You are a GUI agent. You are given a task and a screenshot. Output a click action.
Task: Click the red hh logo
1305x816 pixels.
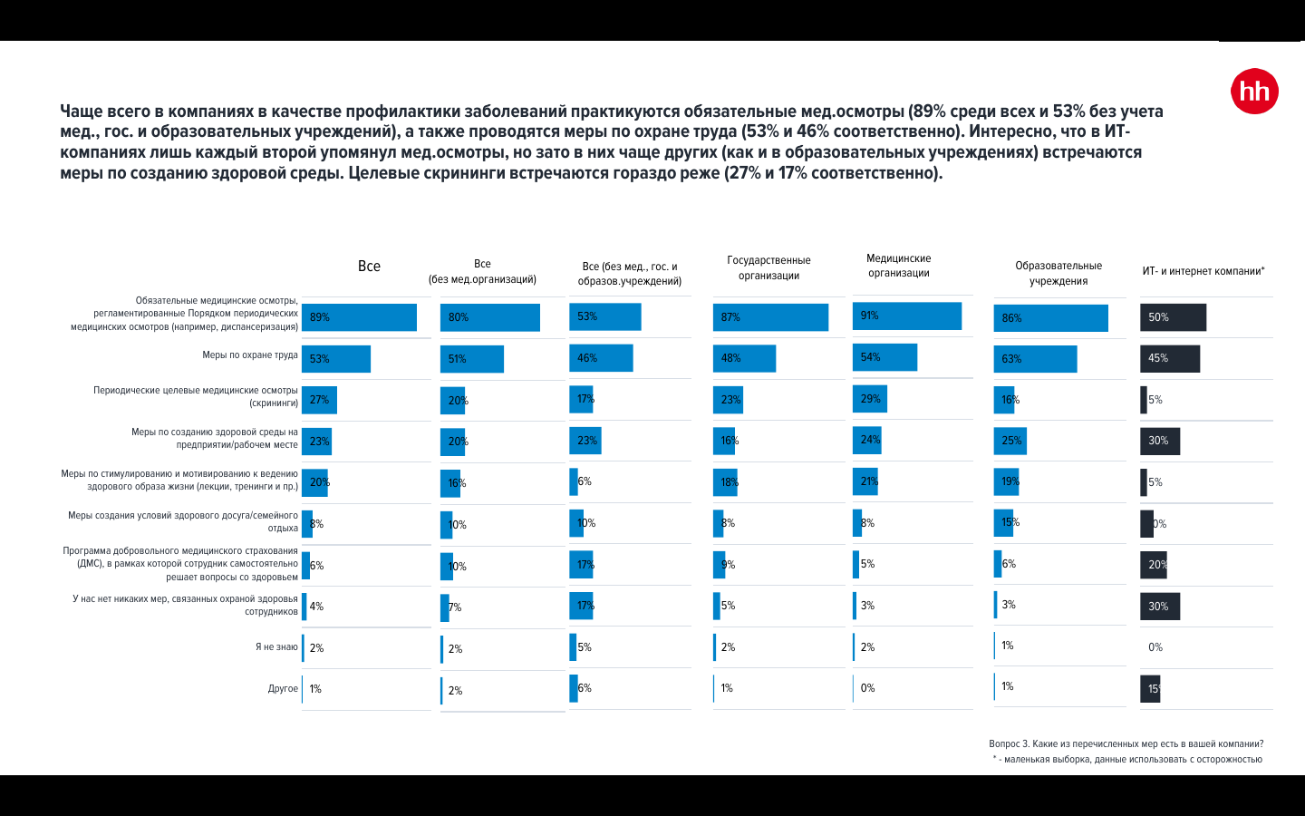[x=1254, y=92]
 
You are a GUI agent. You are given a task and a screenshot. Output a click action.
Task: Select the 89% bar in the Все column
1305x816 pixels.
[x=359, y=317]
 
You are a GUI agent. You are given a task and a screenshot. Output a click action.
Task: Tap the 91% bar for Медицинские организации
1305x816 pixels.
[x=907, y=316]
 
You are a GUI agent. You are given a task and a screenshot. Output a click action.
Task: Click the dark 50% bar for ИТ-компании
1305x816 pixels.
[x=1173, y=317]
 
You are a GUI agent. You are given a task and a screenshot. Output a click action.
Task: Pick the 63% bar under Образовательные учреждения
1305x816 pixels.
[x=1035, y=359]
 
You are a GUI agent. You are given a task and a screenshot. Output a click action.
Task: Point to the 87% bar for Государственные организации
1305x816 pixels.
[x=770, y=317]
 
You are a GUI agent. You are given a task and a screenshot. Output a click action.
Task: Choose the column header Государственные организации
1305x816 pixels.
[x=768, y=267]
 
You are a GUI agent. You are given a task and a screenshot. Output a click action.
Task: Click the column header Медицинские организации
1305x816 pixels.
[x=898, y=266]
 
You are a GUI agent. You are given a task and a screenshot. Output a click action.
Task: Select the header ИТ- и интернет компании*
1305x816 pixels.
[x=1203, y=271]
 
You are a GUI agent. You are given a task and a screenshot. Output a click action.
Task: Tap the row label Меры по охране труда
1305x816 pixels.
[x=250, y=355]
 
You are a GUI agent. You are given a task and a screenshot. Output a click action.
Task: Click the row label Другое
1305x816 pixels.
[x=283, y=689]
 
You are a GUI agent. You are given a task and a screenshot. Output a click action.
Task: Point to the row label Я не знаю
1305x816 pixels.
[x=276, y=647]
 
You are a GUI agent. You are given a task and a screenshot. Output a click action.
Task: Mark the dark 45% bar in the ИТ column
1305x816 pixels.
[x=1169, y=358]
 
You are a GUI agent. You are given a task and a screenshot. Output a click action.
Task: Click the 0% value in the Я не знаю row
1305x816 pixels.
[x=1155, y=647]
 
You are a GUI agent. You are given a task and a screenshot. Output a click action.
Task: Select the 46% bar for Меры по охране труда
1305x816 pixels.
[x=601, y=358]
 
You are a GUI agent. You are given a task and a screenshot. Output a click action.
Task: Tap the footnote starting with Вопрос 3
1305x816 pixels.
[x=1126, y=744]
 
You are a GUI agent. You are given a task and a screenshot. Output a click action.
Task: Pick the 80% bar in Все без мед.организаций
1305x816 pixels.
[x=489, y=317]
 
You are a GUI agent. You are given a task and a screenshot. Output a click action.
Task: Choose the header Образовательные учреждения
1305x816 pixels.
[x=1058, y=273]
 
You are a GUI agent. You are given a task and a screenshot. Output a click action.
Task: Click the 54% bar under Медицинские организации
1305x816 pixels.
[x=884, y=357]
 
